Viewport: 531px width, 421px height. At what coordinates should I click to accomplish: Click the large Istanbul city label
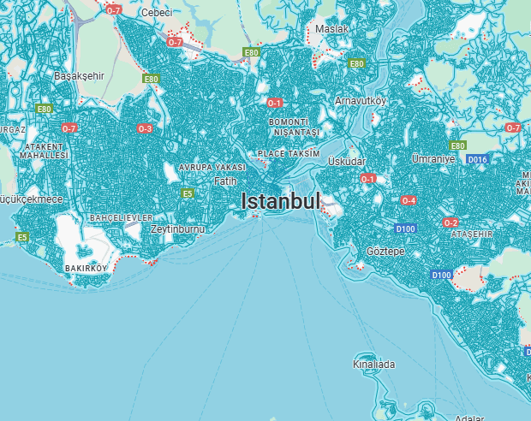281,201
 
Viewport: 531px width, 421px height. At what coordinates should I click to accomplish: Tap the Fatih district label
225,181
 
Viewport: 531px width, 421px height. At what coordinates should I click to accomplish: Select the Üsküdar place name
347,161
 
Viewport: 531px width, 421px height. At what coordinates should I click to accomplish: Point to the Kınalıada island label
374,365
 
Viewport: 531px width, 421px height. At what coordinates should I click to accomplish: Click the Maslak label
332,29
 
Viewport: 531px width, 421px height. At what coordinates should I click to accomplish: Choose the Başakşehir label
79,75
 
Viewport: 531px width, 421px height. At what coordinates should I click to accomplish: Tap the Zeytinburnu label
177,229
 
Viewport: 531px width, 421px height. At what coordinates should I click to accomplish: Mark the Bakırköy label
87,268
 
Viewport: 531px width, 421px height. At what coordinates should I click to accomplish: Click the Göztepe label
385,252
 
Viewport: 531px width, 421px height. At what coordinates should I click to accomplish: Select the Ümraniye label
432,159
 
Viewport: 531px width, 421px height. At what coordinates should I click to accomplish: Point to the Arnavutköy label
361,101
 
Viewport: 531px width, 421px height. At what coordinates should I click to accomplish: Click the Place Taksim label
289,154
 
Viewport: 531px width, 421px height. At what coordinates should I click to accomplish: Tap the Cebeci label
157,12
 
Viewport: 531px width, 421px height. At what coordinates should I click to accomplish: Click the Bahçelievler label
121,218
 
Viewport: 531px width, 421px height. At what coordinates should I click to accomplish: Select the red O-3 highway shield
145,129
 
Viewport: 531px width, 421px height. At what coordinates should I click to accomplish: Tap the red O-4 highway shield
409,200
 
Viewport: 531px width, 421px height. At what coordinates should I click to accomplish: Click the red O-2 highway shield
450,222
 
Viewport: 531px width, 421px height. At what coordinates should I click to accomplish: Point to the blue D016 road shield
477,159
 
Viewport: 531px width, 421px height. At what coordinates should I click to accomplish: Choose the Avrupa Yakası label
212,167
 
